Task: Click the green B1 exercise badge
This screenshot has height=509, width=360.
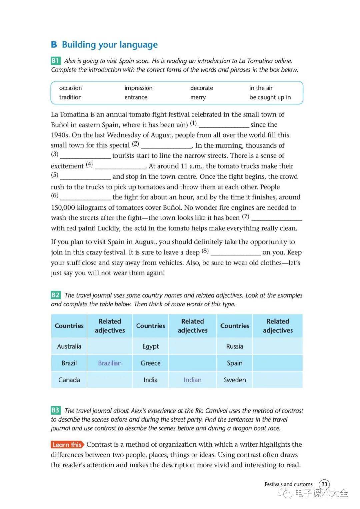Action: pos(55,61)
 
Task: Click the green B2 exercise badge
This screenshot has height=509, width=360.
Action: pos(56,295)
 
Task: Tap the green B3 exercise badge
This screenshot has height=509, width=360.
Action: pos(56,410)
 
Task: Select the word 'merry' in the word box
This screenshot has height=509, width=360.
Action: pos(198,97)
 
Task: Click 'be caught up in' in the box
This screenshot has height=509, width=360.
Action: pos(270,97)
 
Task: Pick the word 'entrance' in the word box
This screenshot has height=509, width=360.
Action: pos(136,97)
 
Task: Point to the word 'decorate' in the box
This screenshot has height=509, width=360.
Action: pos(202,88)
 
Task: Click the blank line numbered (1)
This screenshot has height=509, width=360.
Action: pos(224,125)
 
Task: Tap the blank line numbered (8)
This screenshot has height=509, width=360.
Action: pos(236,253)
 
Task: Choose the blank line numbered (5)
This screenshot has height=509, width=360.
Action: pos(85,177)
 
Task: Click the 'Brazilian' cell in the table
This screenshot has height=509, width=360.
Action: pos(110,363)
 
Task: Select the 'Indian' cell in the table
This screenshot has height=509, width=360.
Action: pos(192,380)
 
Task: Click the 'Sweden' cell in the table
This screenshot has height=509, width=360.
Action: pos(235,380)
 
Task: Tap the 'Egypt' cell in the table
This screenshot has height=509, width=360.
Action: pos(150,346)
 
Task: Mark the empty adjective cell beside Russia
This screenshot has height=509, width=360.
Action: pos(278,346)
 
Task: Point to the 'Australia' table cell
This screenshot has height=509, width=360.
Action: pos(69,346)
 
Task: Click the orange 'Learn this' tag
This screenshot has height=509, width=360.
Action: pos(67,445)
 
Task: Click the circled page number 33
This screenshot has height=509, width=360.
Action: pos(324,484)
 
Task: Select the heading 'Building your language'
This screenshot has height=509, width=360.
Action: pos(110,45)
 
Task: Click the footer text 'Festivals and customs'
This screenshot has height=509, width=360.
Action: pos(288,484)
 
